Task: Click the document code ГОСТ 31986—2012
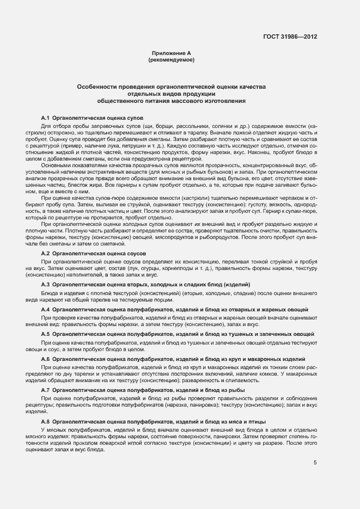[x=290, y=37]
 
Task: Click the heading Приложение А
[x=171, y=53]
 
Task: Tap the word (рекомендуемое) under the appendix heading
[x=171, y=59]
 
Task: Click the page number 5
[x=315, y=463]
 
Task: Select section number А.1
[x=45, y=118]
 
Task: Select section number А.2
[x=45, y=254]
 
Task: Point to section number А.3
[x=45, y=285]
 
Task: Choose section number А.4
[x=45, y=309]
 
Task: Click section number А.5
[x=45, y=334]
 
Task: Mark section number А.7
[x=45, y=390]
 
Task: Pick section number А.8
[x=45, y=421]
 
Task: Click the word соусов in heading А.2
[x=135, y=254]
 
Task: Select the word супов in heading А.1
[x=134, y=118]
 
